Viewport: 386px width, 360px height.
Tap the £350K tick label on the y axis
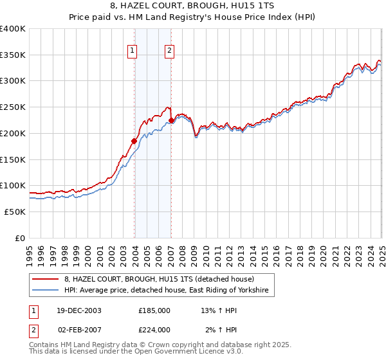coord(12,55)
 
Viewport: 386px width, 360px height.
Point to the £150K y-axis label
coord(12,159)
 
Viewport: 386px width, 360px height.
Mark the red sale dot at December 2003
coord(134,141)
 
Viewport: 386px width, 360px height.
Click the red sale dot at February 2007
coord(171,121)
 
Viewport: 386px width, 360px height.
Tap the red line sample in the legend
coord(46,280)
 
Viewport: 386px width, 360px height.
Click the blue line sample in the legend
coord(46,291)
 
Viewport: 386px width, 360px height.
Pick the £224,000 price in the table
coord(154,329)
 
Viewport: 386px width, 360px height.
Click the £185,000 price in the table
coord(154,310)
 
